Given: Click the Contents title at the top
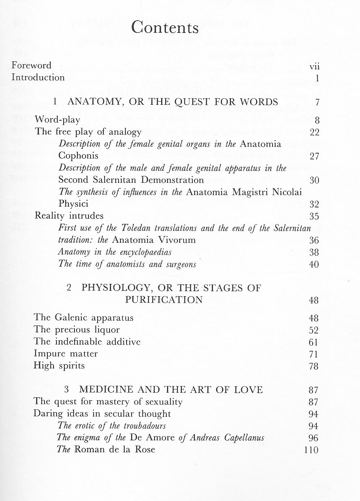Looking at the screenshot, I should pos(165,28).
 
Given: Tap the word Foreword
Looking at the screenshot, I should pos(31,65).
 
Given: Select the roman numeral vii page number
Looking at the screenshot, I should pos(314,66).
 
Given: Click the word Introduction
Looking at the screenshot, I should pos(38,77).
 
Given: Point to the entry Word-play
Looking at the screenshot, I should pos(57,120).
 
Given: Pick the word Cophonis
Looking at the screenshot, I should pos(78,156).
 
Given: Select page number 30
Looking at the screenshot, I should pos(314,180).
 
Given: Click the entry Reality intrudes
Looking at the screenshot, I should pos(69,216).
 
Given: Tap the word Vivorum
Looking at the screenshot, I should pos(179,240).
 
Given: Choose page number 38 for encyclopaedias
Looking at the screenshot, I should pos(314,252).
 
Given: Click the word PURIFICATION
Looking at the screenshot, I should pos(164,300).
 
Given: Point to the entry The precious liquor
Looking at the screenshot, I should pos(77,330).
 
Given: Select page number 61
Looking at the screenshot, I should pos(313,342).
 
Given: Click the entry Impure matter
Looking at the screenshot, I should pos(65,354).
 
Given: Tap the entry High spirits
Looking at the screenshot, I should pos(59,366).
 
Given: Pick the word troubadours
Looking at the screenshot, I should pos(145,426).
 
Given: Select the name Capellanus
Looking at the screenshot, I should pos(244,438).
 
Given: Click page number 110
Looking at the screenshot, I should pos(311,450).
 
